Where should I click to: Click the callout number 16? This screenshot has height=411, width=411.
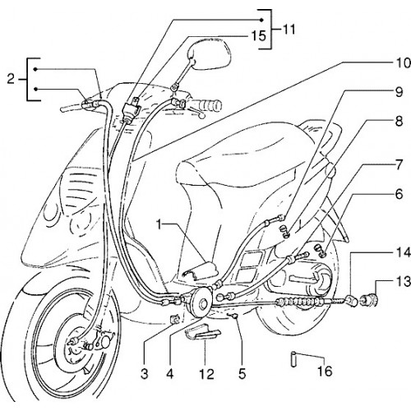325,372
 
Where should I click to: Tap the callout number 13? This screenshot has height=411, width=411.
402,282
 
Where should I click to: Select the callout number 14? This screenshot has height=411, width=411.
402,253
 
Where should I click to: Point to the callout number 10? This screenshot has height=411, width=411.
402,63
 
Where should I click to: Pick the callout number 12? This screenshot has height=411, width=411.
206,373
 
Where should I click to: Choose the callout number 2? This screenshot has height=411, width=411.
11,80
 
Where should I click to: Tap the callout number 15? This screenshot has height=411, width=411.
258,36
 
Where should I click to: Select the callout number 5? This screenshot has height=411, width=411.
242,373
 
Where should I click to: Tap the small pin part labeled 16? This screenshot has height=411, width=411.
293,359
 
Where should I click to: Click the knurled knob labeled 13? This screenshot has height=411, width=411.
370,299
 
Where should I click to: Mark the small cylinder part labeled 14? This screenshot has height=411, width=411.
352,300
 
